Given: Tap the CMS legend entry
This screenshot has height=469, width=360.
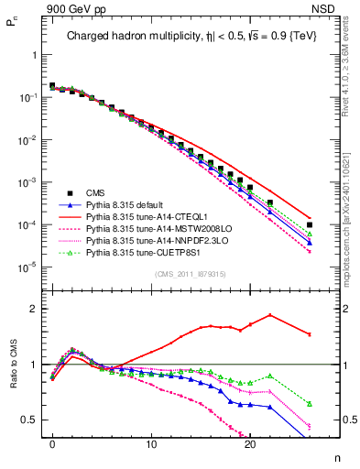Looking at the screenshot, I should [x=96, y=192].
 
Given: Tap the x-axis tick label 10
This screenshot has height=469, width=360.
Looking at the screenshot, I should [x=151, y=452].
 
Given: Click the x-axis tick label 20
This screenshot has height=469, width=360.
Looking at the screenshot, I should [x=250, y=452].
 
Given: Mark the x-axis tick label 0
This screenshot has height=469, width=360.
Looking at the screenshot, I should [x=52, y=452].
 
